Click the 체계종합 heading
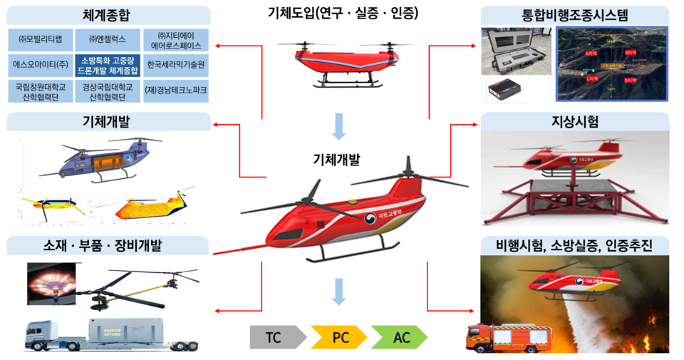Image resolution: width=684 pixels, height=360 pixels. click(x=108, y=14)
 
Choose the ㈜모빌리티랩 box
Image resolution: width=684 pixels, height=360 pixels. click(x=39, y=39)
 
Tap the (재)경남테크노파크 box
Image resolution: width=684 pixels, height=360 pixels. click(x=176, y=91)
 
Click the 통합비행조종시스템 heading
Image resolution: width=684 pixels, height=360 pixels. click(x=575, y=14)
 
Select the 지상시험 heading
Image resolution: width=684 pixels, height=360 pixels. click(x=575, y=121)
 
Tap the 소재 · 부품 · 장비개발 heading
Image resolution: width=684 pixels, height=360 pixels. click(x=108, y=246)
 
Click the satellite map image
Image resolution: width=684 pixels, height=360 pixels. click(x=611, y=64)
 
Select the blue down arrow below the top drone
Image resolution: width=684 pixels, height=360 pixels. click(x=339, y=126)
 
